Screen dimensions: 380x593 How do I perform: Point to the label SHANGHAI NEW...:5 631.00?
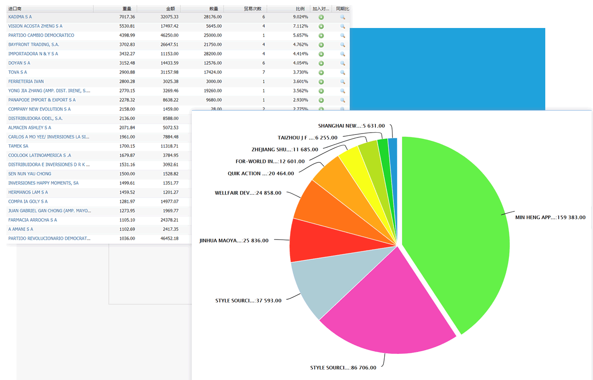coord(351,126)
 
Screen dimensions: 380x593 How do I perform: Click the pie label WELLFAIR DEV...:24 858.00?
coord(248,193)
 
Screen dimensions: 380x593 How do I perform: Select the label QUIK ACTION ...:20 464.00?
coord(261,173)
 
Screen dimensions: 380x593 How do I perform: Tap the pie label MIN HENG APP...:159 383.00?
coord(550,218)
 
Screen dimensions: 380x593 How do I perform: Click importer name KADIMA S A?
coord(20,17)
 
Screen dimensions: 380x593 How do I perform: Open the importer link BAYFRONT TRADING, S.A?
coord(34,45)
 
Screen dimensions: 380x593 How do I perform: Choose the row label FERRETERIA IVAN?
coord(26,82)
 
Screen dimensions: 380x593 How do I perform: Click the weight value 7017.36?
coord(126,17)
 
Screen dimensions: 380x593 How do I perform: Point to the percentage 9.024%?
coord(301,17)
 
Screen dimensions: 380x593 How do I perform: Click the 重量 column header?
coord(127,9)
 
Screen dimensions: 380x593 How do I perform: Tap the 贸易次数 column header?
coord(253,9)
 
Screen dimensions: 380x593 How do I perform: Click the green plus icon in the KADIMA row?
coord(321,17)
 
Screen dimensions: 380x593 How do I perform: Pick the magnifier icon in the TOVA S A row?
coord(342,73)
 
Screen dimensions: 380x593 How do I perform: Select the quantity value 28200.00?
coord(212,54)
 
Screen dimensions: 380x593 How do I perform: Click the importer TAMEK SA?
coord(18,146)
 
